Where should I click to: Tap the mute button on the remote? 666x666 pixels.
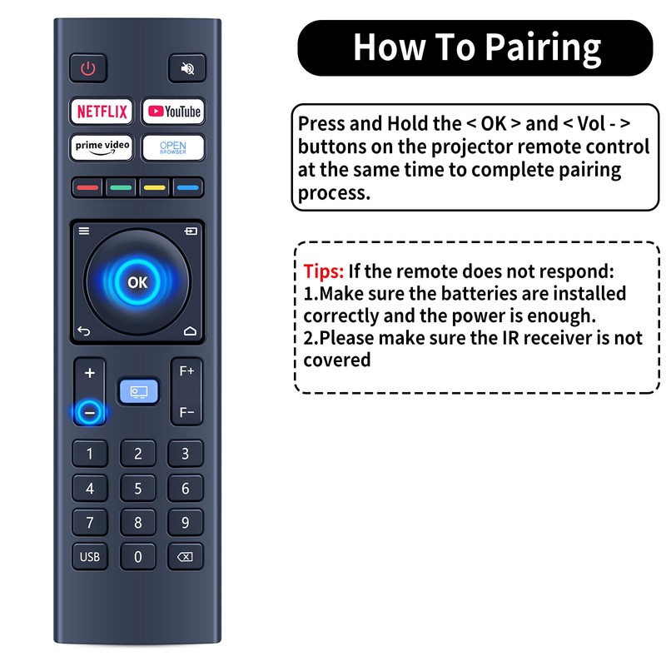(187, 69)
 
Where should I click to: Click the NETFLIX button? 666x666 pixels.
(102, 112)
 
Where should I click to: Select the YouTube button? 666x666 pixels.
(173, 112)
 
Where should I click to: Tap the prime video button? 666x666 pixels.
(102, 147)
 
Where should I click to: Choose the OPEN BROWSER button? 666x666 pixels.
(173, 147)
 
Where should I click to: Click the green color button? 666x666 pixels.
(121, 187)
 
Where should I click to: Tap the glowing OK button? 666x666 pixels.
(137, 283)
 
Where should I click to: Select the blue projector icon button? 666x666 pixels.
(137, 391)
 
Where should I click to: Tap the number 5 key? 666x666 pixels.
(138, 489)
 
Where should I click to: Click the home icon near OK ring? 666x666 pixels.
(191, 331)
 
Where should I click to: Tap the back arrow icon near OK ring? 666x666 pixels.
(83, 331)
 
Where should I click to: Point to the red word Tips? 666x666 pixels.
(322, 272)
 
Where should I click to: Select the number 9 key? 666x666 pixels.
(186, 523)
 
